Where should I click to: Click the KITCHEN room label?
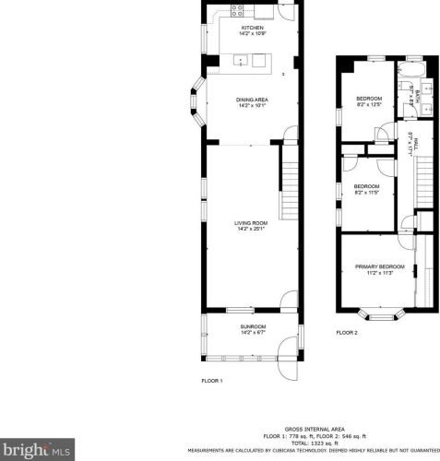pos(252,28)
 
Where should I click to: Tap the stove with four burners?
pos(237,12)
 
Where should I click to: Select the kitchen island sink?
pos(243,61)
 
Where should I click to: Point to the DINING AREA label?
pos(251,100)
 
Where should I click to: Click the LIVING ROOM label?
pos(250,222)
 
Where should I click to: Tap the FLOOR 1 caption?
pos(212,380)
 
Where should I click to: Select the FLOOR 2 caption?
pos(347,332)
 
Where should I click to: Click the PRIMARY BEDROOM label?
pos(380,266)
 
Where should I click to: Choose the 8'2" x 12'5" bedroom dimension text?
pos(369,104)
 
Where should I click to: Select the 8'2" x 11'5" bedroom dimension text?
pos(366,193)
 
